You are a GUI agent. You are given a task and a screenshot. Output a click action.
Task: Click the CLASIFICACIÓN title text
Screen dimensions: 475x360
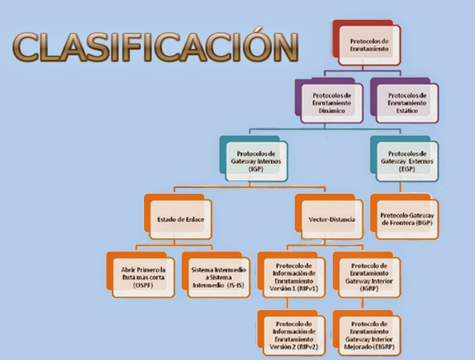(155, 47)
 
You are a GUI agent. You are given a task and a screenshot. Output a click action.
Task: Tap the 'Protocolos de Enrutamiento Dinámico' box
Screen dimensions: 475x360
(331, 103)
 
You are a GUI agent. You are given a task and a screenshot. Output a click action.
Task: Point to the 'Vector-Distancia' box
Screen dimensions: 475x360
(332, 219)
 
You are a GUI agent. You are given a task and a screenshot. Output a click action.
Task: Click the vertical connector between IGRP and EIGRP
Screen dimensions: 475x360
(363, 304)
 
